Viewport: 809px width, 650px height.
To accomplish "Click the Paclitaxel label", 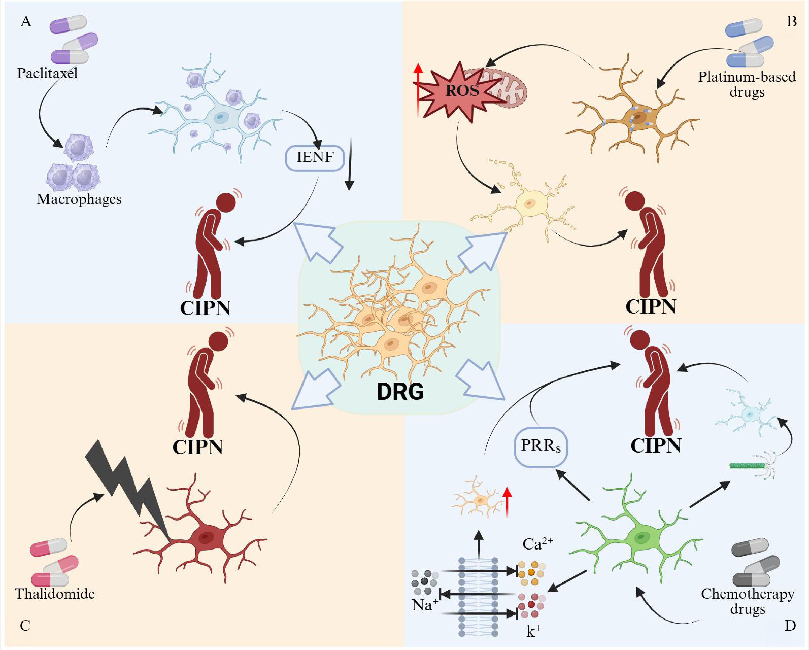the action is pos(47,73).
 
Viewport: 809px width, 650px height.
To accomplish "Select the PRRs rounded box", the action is pos(540,447).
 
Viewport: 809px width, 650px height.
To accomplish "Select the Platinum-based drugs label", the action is pos(747,84).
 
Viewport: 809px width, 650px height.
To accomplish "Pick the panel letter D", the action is pos(790,625).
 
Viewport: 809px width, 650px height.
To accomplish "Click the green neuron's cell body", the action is pos(642,538).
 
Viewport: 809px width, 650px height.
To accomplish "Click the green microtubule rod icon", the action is pos(747,466).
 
